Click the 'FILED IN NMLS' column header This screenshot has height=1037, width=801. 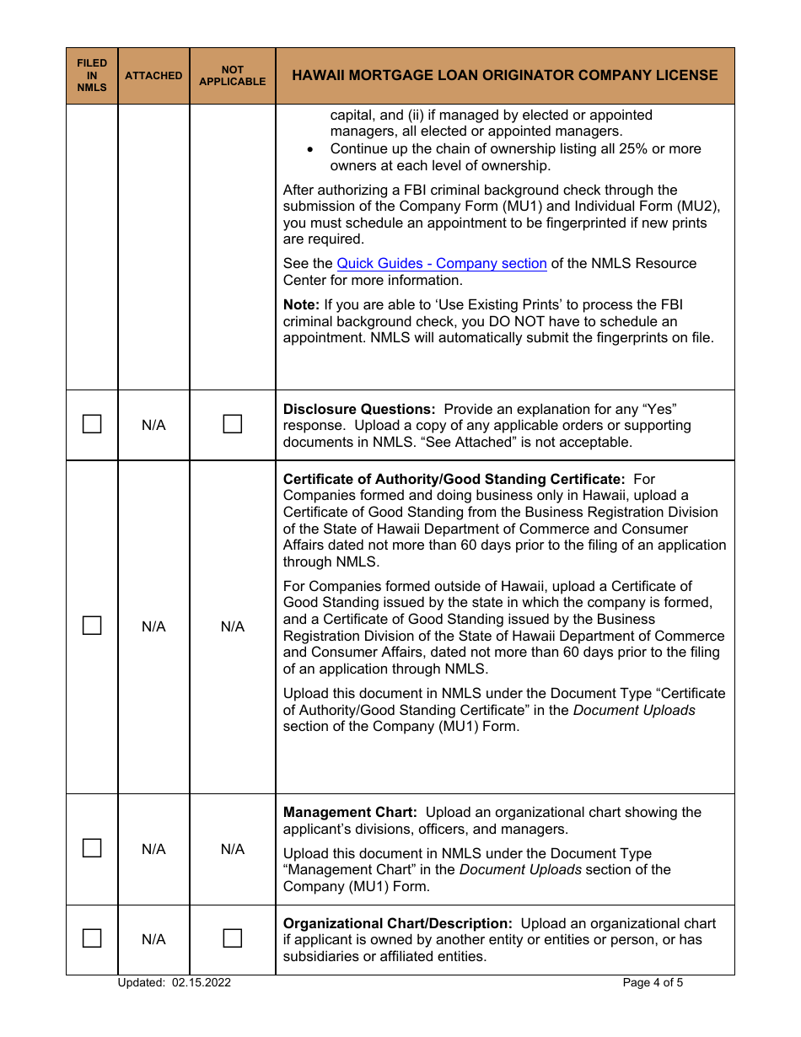(92, 75)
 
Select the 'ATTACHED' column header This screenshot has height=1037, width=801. (153, 75)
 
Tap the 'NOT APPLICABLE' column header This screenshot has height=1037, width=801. (232, 75)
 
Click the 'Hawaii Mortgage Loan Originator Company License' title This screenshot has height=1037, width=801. (504, 75)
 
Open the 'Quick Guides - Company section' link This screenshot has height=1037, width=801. (441, 263)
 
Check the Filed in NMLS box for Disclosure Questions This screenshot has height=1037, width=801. (92, 424)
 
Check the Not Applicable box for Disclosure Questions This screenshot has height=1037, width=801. (232, 424)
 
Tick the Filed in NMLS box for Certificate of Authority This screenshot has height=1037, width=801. (92, 626)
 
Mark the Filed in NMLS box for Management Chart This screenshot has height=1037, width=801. (92, 848)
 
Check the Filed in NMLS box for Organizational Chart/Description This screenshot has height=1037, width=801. (92, 938)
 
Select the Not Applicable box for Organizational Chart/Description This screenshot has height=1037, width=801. (232, 938)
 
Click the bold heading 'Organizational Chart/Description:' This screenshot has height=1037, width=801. (397, 923)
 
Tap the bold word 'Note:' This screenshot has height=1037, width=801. (301, 304)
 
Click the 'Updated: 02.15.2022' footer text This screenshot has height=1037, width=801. (175, 982)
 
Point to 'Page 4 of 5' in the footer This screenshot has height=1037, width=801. (653, 982)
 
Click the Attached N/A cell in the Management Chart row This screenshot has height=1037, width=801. (153, 849)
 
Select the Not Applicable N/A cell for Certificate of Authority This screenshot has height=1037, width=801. (232, 626)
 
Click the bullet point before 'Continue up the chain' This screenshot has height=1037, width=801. (311, 149)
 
